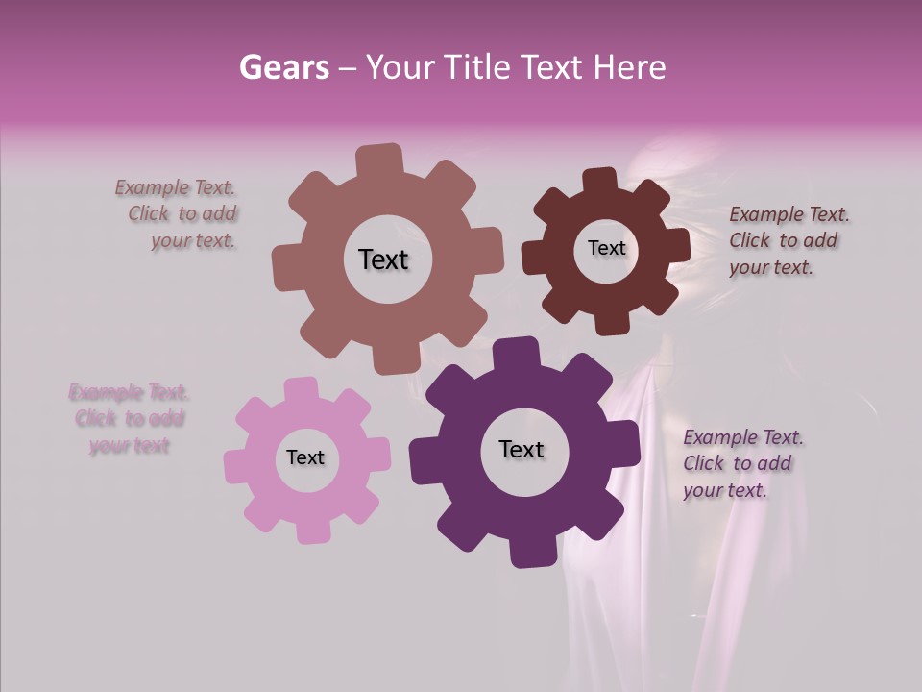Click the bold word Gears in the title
click(283, 67)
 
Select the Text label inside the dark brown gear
click(606, 248)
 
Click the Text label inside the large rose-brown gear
click(383, 259)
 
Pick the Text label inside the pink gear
click(305, 457)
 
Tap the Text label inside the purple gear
click(522, 449)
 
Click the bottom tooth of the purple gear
click(526, 552)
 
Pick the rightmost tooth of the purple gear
click(625, 449)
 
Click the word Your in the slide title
click(401, 67)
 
